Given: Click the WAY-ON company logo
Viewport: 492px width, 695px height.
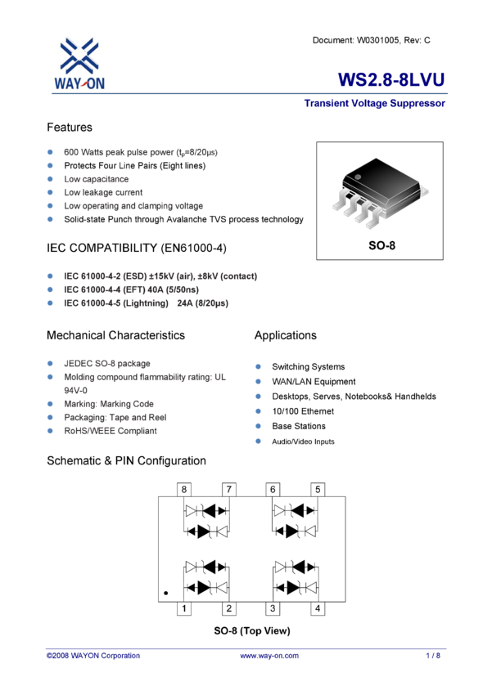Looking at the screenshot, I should pos(80,62).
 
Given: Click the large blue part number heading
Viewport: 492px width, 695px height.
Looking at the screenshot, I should pos(391,79).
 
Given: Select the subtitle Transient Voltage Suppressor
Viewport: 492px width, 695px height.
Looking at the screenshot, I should pos(374,105).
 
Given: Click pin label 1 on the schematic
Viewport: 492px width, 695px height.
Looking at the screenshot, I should pos(184,608).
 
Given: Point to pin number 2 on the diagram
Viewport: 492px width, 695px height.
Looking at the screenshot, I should pos(229,608).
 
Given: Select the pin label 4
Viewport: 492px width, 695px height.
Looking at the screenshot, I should pos(317,608).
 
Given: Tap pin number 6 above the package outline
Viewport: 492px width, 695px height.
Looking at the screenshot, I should pos(273,488).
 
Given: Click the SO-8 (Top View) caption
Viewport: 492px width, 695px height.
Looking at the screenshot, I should pos(252,631).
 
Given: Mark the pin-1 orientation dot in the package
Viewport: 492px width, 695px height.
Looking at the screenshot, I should pos(165,592).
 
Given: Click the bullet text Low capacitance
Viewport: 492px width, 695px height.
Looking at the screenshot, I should pos(97,178).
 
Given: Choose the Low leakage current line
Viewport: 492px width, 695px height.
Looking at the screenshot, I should pos(103,192).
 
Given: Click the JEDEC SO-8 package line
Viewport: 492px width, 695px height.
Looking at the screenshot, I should pos(106,364).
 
